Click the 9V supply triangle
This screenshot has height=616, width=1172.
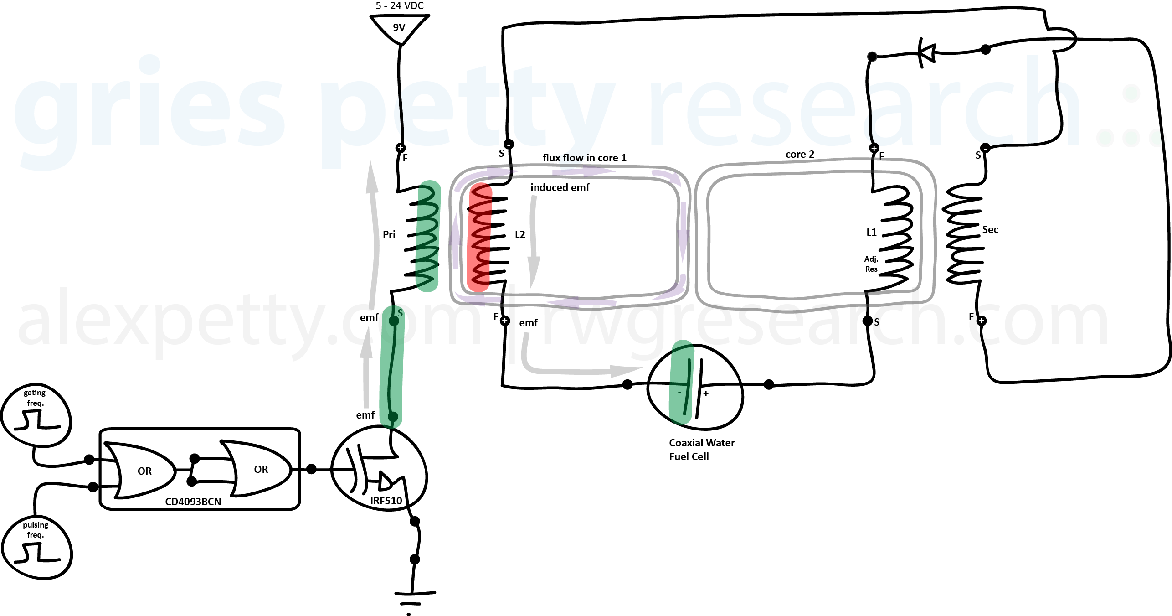coord(399,28)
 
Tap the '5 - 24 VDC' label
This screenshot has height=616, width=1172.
coord(399,6)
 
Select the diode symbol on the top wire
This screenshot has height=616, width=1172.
coord(927,52)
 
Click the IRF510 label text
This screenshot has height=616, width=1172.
coord(386,501)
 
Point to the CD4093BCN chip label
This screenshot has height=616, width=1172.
coord(193,502)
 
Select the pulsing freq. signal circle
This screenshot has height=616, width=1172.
coord(36,546)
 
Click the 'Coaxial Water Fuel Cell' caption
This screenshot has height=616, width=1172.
coord(701,449)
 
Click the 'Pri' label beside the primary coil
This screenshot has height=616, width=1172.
coord(389,234)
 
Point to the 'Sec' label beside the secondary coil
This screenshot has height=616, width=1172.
coord(990,229)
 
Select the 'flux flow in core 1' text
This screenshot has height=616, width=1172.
coord(584,158)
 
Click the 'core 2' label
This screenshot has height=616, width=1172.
coord(800,154)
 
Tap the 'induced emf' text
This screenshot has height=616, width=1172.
coord(560,187)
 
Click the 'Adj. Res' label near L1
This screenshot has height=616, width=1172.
coord(871,264)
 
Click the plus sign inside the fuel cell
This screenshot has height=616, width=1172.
coord(706,393)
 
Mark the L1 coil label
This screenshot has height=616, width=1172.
coord(871,233)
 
